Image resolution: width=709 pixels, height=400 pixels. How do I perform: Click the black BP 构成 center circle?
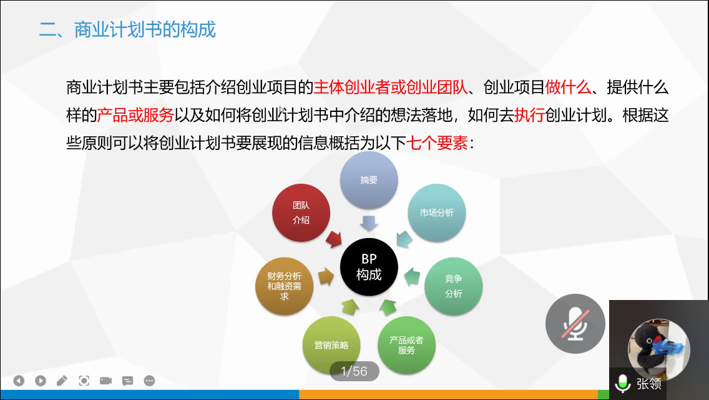[x=369, y=267]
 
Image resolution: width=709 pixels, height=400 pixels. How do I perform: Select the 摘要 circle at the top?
[x=369, y=180]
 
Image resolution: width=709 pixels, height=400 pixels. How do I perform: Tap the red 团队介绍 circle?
[x=301, y=212]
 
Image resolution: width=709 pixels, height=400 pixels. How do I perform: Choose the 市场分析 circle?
[x=437, y=212]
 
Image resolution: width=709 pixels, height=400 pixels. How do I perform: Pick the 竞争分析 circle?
[x=454, y=286]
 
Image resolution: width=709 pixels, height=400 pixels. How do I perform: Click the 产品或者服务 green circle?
[x=406, y=345]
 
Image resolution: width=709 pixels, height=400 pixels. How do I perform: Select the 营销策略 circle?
[x=331, y=345]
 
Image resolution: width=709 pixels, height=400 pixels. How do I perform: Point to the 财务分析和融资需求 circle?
[x=285, y=286]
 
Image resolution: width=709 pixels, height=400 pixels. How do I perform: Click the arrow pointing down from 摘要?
[x=369, y=223]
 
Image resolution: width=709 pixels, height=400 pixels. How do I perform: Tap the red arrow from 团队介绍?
[x=334, y=239]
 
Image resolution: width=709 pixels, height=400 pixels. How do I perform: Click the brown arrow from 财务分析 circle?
[x=326, y=276]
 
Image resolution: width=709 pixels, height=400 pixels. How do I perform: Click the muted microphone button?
[x=575, y=324]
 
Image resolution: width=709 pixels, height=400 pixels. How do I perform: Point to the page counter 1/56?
[x=354, y=371]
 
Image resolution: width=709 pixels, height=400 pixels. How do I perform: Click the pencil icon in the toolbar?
[x=62, y=381]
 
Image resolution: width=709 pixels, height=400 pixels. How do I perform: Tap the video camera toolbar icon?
[x=106, y=381]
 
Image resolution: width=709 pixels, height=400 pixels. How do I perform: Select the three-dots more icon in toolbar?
[x=149, y=381]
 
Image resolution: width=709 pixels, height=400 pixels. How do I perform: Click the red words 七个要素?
[x=437, y=143]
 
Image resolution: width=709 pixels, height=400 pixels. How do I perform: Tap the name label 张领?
[x=649, y=384]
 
